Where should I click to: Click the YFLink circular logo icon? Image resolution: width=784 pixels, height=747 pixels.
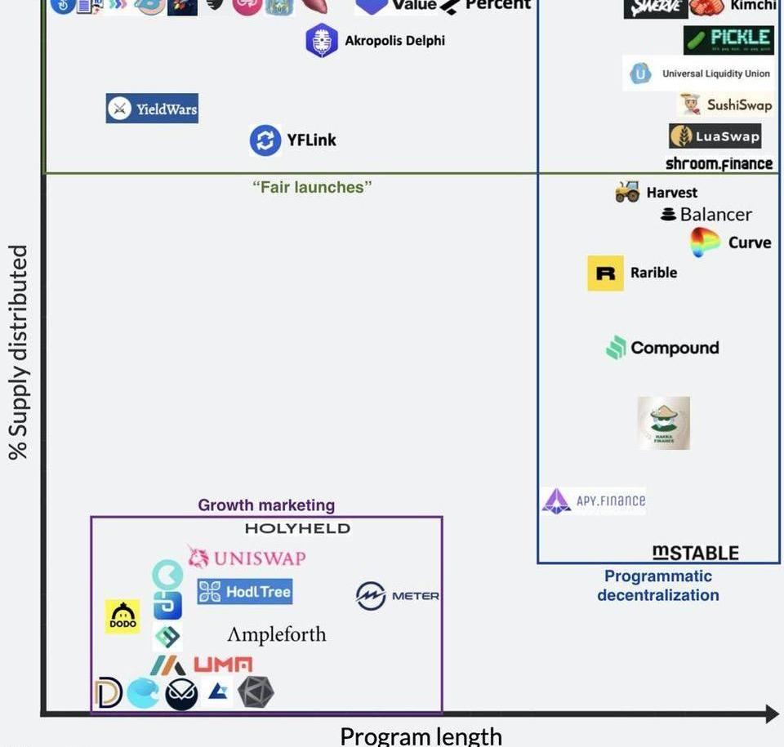(x=265, y=140)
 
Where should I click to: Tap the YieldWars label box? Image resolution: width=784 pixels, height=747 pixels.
(x=152, y=109)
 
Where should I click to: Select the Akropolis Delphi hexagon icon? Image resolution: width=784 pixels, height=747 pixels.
(x=322, y=41)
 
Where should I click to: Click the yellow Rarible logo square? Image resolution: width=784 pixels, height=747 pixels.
(x=605, y=273)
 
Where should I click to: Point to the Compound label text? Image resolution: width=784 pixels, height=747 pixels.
(x=675, y=348)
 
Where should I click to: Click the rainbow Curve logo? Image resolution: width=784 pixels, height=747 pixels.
(x=705, y=242)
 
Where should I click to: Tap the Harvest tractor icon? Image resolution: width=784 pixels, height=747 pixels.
(x=627, y=193)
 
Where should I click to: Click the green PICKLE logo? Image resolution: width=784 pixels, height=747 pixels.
(x=728, y=38)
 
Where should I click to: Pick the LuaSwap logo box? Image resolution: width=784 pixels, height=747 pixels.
(x=715, y=136)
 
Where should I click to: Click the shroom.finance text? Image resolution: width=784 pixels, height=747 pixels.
(x=719, y=163)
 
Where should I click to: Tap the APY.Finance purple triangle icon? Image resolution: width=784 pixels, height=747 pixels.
(x=556, y=500)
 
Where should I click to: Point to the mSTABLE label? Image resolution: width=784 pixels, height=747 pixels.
(x=696, y=553)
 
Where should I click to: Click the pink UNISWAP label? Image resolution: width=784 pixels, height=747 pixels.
(x=247, y=558)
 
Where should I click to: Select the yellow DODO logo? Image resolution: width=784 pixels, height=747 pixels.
(x=122, y=616)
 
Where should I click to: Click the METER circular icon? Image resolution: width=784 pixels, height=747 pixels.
(x=371, y=596)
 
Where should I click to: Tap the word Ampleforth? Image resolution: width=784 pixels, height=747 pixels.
(x=276, y=634)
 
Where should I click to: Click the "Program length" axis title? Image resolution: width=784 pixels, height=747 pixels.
(x=421, y=736)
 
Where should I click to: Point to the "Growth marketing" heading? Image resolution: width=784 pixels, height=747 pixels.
(x=266, y=505)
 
